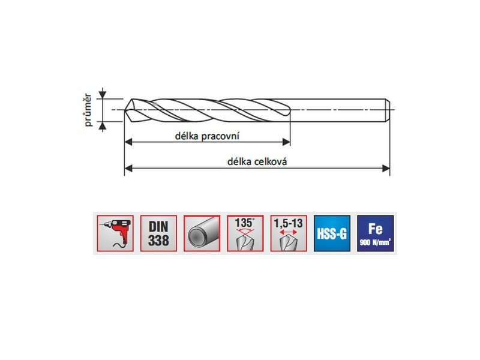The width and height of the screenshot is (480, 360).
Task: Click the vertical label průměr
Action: pyautogui.click(x=88, y=110)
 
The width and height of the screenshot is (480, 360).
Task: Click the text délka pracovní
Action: pyautogui.click(x=207, y=136)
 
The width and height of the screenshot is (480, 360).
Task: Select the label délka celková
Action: pyautogui.click(x=257, y=161)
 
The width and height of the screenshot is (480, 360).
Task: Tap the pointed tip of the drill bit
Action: pyautogui.click(x=125, y=110)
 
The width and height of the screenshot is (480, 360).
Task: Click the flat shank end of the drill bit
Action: pyautogui.click(x=389, y=110)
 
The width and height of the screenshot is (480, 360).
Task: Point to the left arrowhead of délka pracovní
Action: pyautogui.click(x=128, y=142)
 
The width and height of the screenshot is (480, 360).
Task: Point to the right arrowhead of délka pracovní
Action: pyautogui.click(x=286, y=142)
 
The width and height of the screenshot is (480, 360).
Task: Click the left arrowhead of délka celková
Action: pyautogui.click(x=128, y=168)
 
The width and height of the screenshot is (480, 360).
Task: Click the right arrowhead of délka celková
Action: pyautogui.click(x=386, y=168)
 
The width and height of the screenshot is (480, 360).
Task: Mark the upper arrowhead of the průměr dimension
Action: pyautogui.click(x=103, y=95)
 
